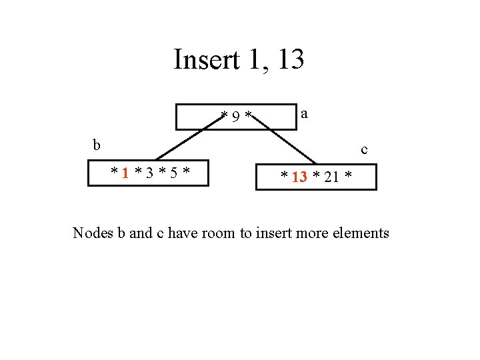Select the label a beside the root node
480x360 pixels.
click(304, 114)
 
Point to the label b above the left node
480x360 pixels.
click(97, 145)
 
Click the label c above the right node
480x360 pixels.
click(364, 150)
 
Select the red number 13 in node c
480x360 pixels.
click(299, 177)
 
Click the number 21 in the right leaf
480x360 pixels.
click(331, 177)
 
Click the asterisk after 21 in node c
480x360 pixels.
click(348, 177)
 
